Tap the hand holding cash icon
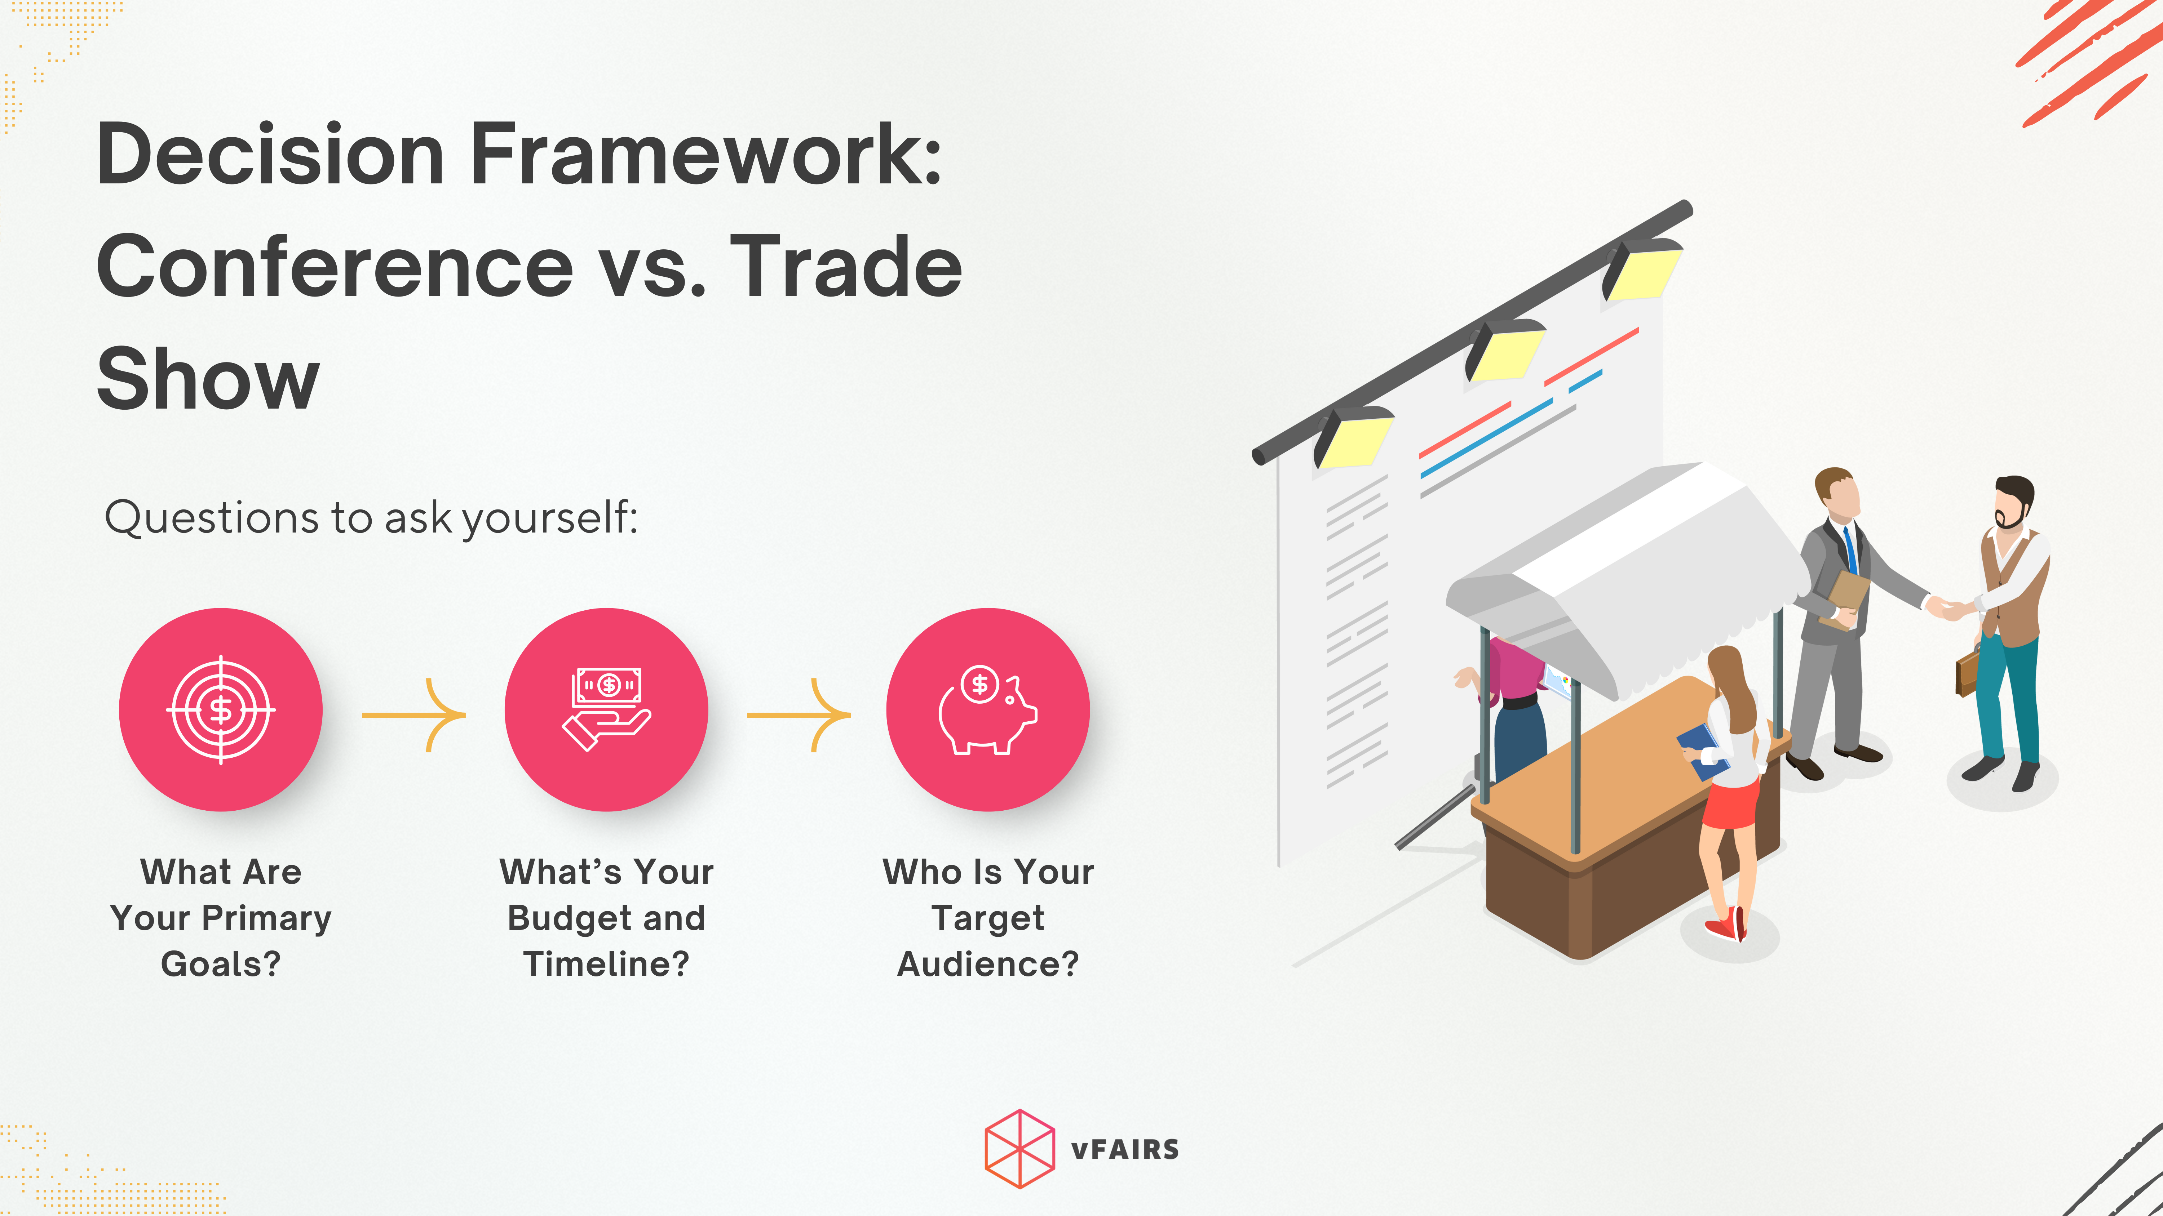(x=606, y=709)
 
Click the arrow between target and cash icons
(x=414, y=715)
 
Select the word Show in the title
(x=208, y=379)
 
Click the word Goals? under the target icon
(x=221, y=964)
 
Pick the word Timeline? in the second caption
(x=606, y=964)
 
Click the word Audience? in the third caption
(x=988, y=964)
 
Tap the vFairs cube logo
(x=1019, y=1149)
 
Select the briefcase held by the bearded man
(x=1967, y=674)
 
